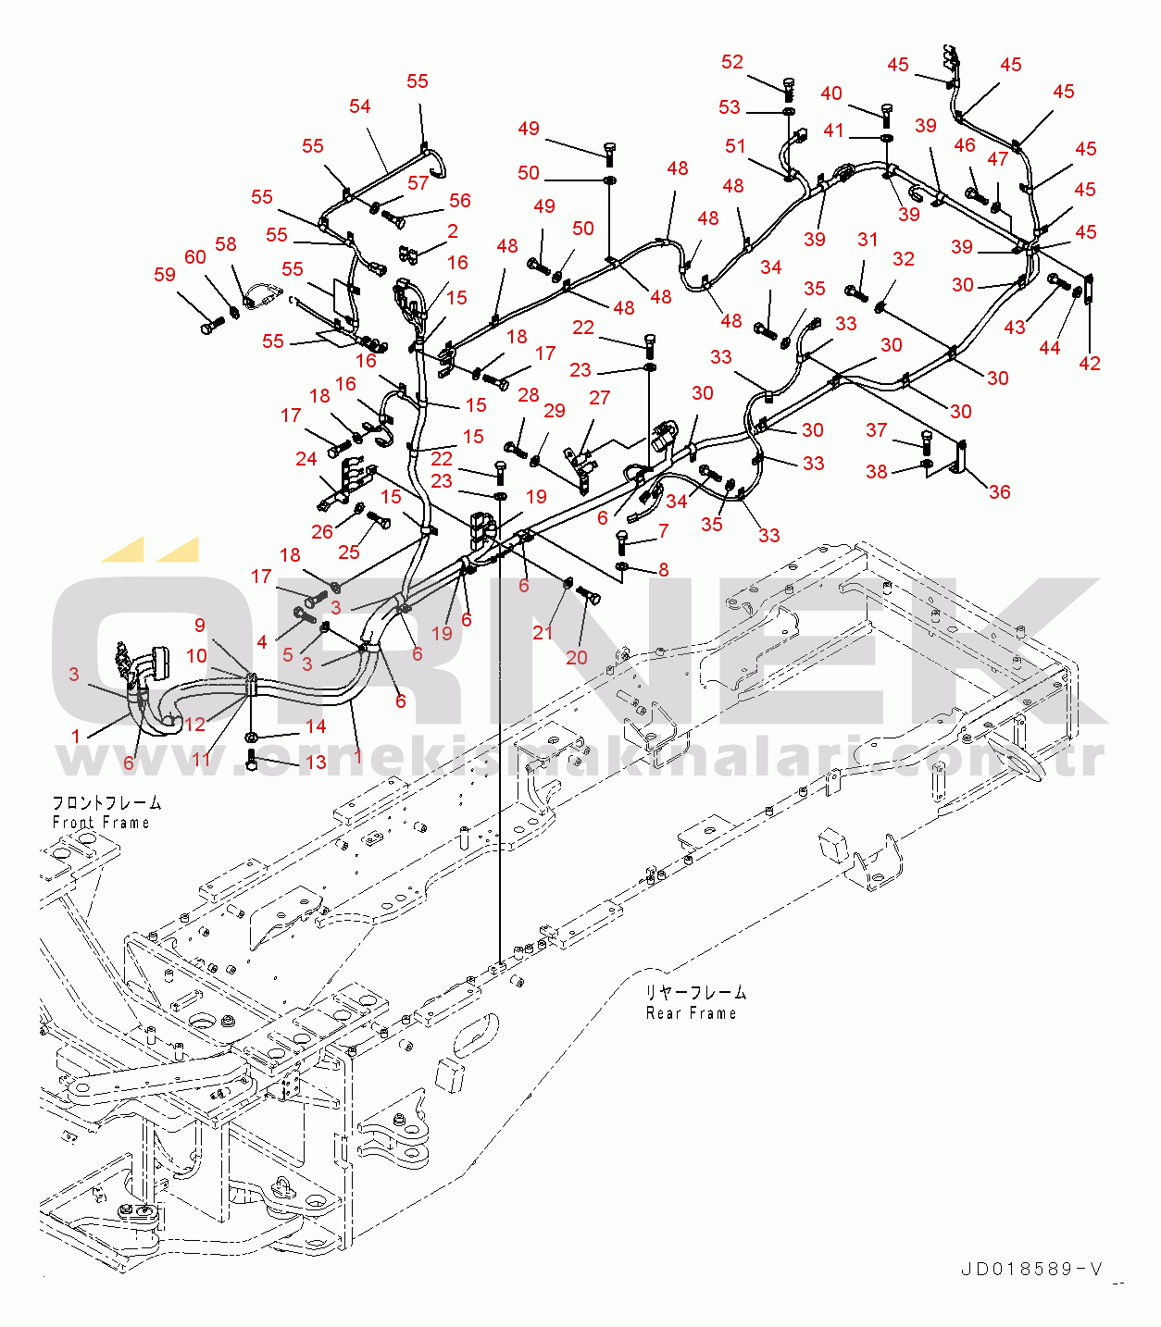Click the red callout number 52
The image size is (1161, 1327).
[x=732, y=62]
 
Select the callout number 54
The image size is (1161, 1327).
[x=359, y=106]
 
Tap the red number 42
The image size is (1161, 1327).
[x=1090, y=363]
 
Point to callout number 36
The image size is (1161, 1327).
[x=999, y=491]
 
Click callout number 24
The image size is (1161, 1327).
[x=306, y=459]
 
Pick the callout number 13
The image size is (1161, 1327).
[x=316, y=762]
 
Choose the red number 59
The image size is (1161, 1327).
[x=165, y=274]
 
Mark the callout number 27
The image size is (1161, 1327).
[x=600, y=398]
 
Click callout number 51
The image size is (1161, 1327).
[x=735, y=146]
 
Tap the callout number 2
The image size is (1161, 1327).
[x=453, y=231]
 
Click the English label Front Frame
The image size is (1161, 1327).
[x=101, y=823]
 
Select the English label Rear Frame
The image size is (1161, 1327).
[x=692, y=1013]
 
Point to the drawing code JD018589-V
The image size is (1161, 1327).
[x=1032, y=1270]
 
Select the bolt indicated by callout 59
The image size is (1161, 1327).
[x=212, y=325]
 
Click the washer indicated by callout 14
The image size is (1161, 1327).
[x=251, y=737]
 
